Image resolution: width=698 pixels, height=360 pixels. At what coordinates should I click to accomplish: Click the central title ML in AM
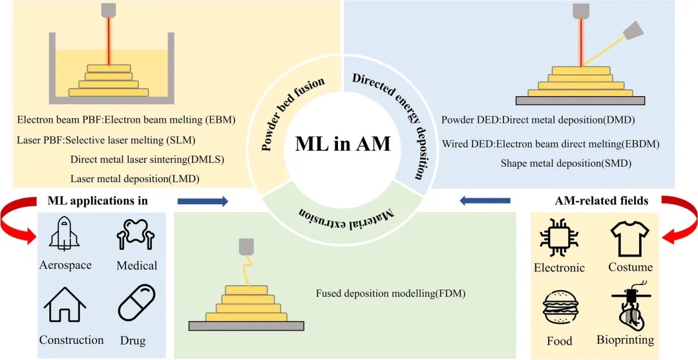tap(343, 143)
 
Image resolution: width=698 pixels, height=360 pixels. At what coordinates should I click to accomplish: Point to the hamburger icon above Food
tap(558, 309)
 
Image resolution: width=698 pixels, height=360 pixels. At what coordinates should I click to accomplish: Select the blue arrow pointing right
tap(202, 202)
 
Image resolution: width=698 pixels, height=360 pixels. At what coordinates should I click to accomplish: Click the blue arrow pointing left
tap(485, 202)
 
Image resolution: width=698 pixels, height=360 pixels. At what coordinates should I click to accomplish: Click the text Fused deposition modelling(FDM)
tap(390, 293)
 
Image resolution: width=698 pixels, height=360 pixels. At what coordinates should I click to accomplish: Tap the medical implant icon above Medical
tap(136, 235)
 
